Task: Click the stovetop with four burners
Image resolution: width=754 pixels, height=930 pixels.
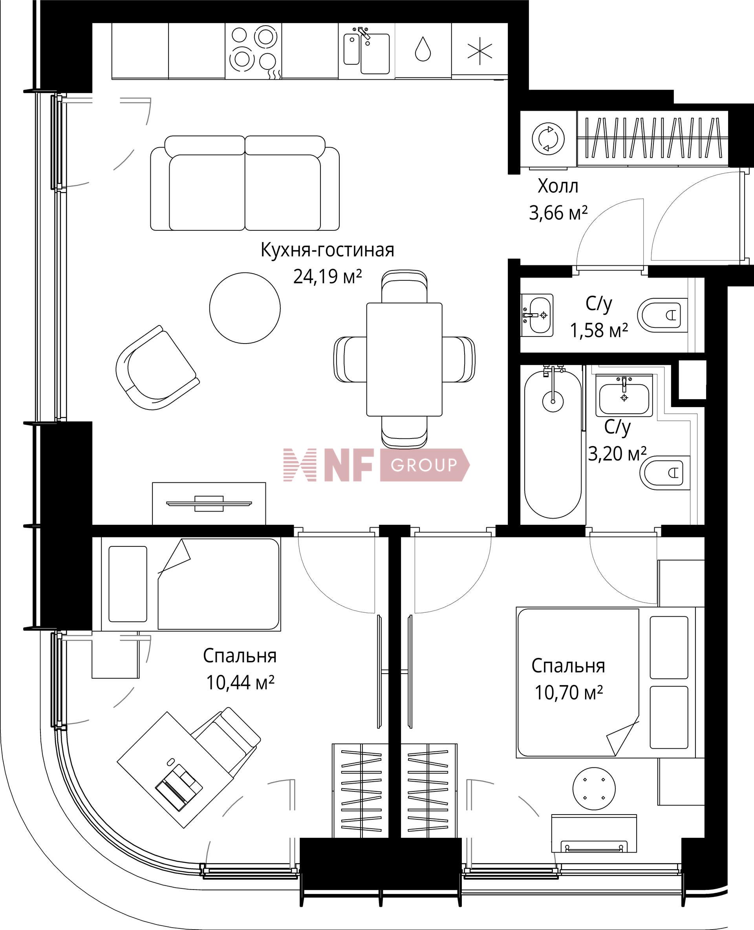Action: click(x=254, y=51)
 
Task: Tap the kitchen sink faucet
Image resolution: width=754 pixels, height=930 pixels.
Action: click(x=364, y=33)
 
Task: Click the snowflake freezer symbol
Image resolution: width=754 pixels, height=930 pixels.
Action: click(x=479, y=51)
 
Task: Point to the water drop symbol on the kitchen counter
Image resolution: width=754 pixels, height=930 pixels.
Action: click(x=423, y=49)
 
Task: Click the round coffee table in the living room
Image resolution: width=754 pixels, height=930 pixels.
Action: click(x=245, y=308)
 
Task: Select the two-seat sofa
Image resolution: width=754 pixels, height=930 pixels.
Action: click(x=245, y=183)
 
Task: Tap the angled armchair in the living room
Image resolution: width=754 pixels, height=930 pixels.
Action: click(x=156, y=367)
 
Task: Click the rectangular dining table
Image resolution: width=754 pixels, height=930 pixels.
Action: click(x=404, y=359)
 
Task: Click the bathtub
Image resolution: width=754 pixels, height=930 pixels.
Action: click(x=553, y=443)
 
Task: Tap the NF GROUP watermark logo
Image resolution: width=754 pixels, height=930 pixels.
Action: click(x=376, y=465)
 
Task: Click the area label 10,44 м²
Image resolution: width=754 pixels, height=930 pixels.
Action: click(x=240, y=683)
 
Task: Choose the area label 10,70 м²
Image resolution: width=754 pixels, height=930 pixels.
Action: click(x=569, y=692)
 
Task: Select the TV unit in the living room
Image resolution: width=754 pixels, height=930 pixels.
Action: click(x=209, y=503)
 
